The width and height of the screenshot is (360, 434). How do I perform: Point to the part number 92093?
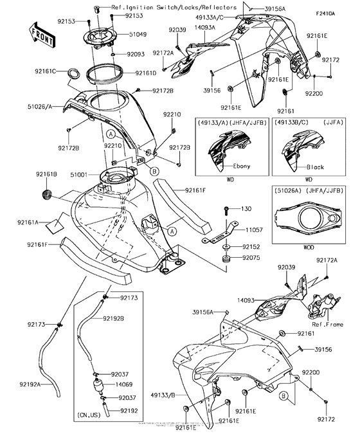coord(136,55)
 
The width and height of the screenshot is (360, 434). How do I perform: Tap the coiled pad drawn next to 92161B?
coord(46,193)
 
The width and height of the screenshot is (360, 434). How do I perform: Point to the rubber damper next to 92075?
coord(226,258)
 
